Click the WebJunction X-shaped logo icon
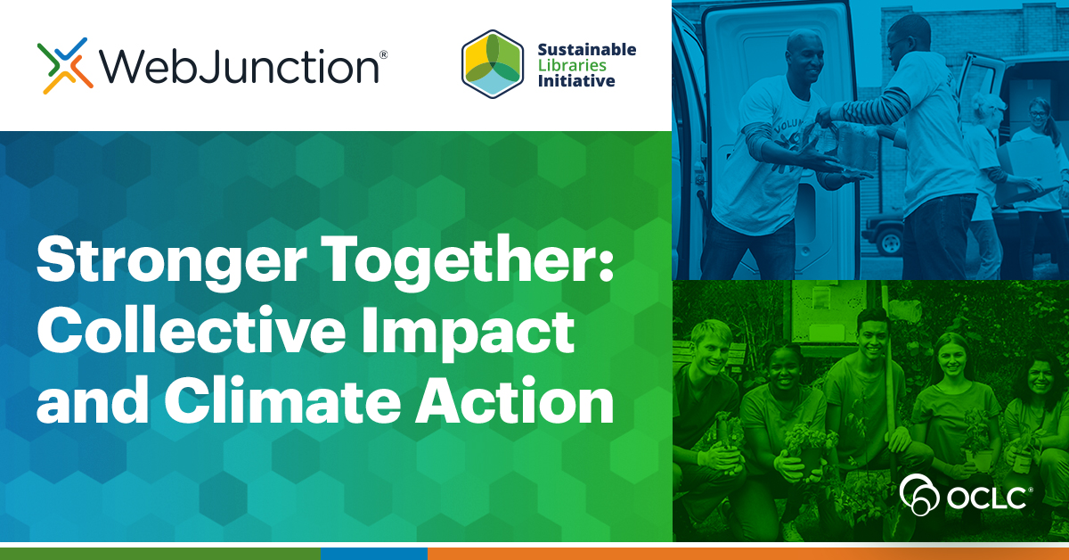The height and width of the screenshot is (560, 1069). pos(65,65)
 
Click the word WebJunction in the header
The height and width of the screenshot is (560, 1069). pos(238,65)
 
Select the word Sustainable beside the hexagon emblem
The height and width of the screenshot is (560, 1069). pos(587,50)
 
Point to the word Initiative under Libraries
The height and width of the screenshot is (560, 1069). pos(576,82)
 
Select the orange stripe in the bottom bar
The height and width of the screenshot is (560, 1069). pos(748,554)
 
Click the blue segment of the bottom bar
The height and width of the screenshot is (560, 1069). pos(373,554)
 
